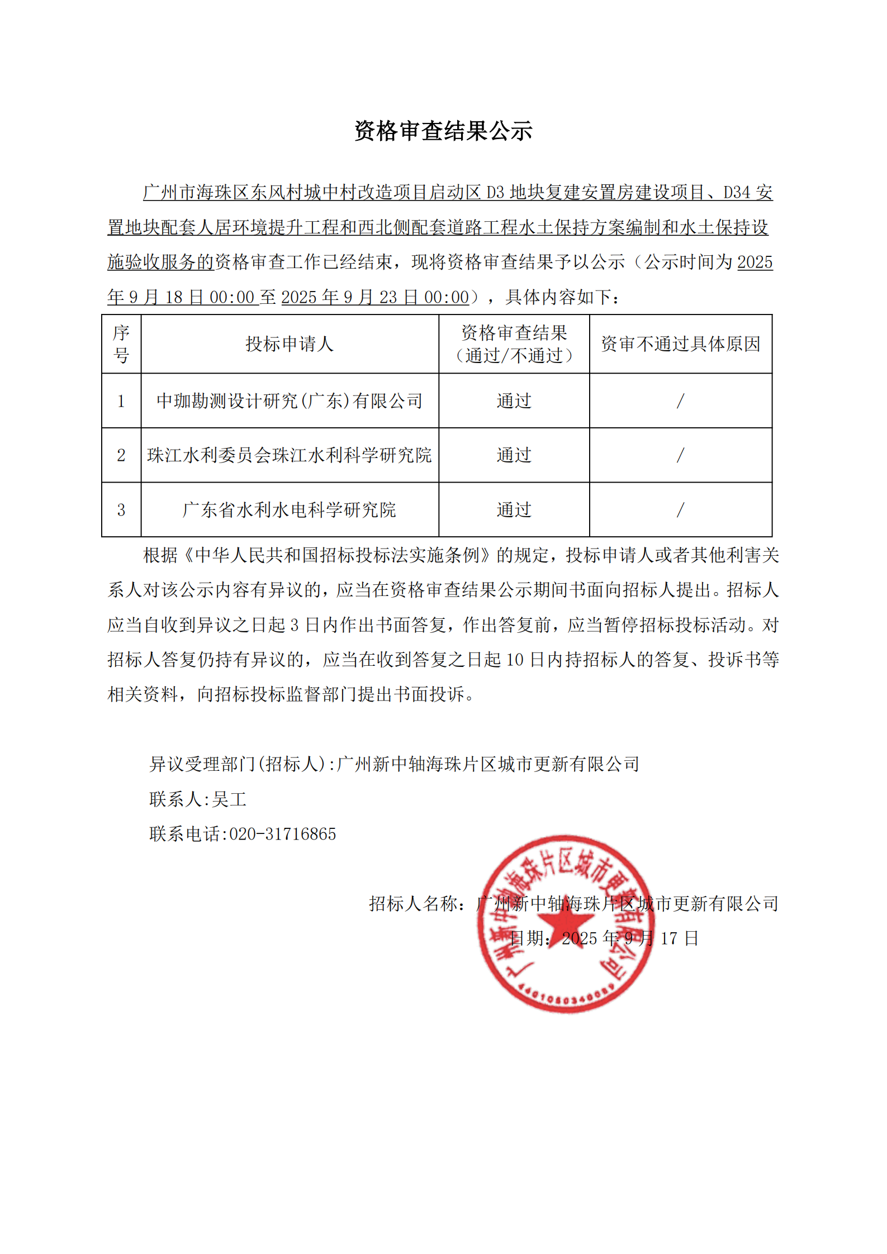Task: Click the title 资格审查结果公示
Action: pyautogui.click(x=443, y=131)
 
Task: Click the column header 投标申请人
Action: pyautogui.click(x=290, y=344)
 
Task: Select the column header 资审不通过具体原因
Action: pyautogui.click(x=680, y=344)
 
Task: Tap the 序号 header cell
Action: pyautogui.click(x=121, y=344)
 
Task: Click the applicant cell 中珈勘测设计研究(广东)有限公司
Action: pyautogui.click(x=290, y=401)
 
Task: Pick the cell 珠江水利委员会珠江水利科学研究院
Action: pyautogui.click(x=290, y=455)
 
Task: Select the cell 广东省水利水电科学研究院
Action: pyautogui.click(x=290, y=510)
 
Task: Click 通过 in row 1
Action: pyautogui.click(x=514, y=401)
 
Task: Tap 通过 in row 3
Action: pyautogui.click(x=514, y=510)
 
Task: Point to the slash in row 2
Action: pyautogui.click(x=680, y=455)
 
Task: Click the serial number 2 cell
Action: pyautogui.click(x=121, y=455)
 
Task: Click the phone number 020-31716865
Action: pyautogui.click(x=283, y=834)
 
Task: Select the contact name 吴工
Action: pyautogui.click(x=229, y=799)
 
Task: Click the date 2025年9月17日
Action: pyautogui.click(x=630, y=938)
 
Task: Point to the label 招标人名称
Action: pyautogui.click(x=414, y=904)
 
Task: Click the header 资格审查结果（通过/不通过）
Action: pyautogui.click(x=514, y=344)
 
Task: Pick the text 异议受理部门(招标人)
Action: pyautogui.click(x=238, y=764)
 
